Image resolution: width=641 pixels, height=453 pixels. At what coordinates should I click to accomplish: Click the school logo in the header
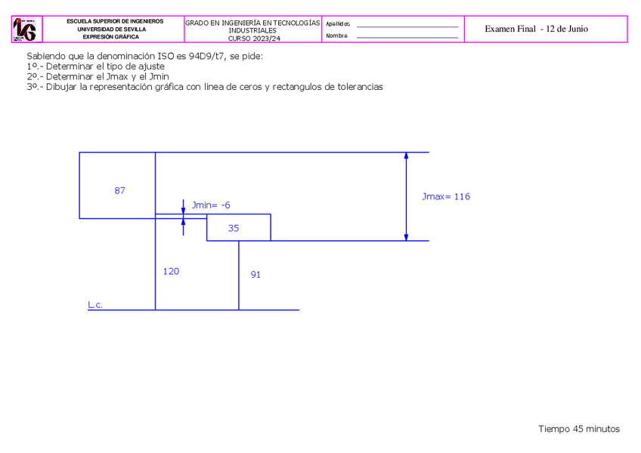24,29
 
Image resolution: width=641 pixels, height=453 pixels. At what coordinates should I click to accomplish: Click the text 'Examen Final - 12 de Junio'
536,29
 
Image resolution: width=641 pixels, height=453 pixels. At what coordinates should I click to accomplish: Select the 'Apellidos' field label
338,24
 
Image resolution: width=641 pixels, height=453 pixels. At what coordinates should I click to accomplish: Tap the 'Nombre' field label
336,35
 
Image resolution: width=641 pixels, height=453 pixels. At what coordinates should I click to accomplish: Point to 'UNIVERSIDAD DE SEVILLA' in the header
115,29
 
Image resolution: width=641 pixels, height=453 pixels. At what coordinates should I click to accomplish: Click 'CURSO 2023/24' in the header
252,38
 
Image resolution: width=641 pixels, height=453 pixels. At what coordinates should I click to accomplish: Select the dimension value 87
120,190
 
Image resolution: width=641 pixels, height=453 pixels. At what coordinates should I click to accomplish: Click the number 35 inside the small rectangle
234,228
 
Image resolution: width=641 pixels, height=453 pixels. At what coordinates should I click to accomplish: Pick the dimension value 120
172,271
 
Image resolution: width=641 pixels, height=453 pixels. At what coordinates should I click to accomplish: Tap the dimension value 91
255,275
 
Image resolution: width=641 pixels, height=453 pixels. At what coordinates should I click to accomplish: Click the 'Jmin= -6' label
211,205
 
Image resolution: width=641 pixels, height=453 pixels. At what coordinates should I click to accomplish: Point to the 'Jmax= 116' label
446,196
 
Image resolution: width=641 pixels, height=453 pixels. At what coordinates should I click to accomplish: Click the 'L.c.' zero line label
95,305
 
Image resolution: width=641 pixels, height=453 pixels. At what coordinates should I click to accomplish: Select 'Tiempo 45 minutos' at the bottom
579,429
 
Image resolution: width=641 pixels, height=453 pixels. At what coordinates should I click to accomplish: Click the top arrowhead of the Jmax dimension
407,156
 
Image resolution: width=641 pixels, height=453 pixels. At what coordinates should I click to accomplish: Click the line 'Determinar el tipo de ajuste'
95,66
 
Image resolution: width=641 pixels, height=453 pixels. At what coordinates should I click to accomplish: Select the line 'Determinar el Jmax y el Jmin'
98,76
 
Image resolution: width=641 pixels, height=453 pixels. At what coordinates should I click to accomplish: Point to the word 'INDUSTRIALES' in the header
252,30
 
